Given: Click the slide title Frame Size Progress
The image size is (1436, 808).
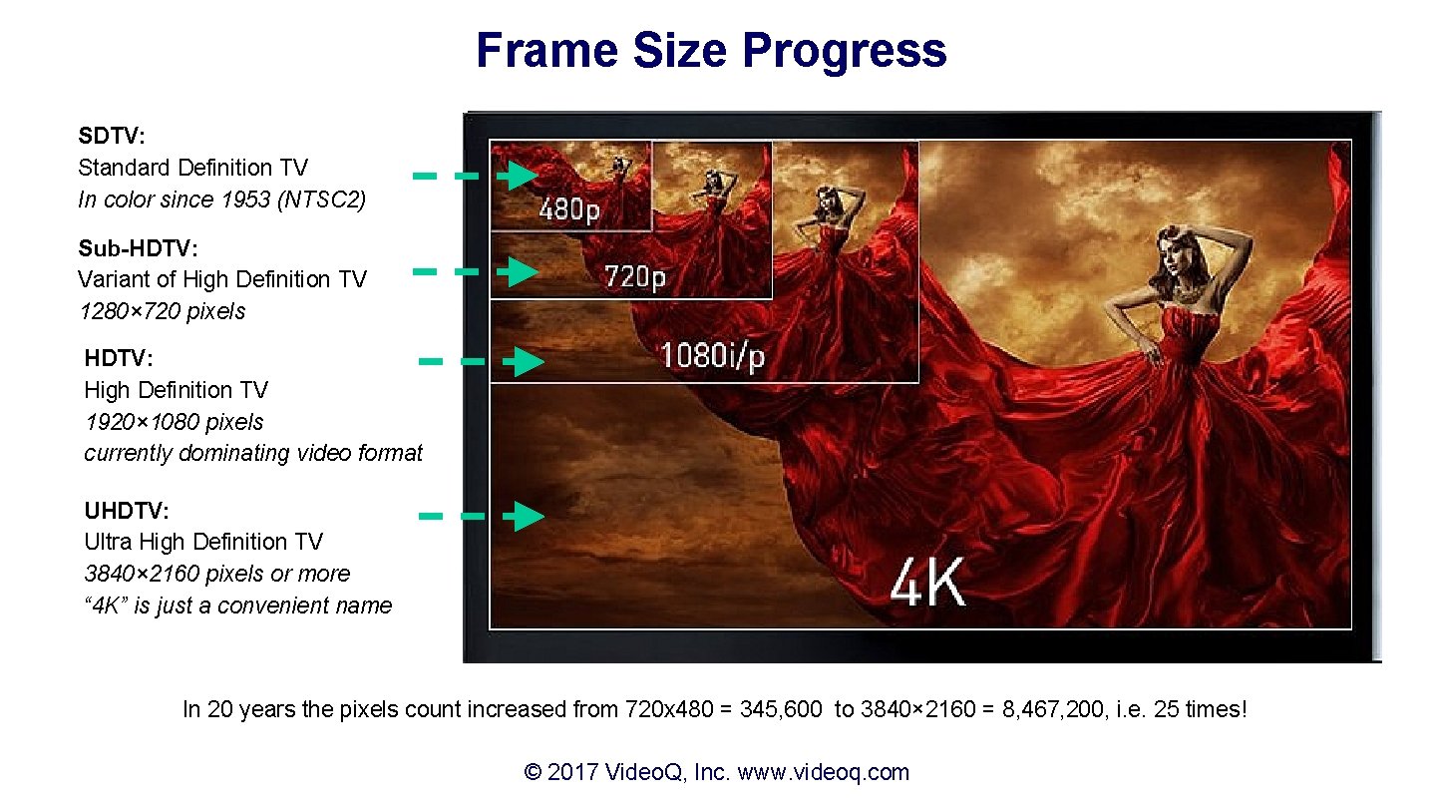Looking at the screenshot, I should [x=711, y=50].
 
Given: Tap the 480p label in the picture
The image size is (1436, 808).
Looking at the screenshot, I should [x=569, y=210].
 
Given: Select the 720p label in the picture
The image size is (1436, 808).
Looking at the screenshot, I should [x=635, y=276].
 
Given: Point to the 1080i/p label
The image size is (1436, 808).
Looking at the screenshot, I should [x=712, y=354].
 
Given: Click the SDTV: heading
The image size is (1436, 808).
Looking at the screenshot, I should [x=112, y=136].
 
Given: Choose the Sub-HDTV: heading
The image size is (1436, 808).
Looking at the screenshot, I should [x=138, y=247].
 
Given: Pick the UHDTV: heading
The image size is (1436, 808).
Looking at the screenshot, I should [x=127, y=511].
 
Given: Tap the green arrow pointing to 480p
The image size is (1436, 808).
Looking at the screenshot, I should [x=517, y=177].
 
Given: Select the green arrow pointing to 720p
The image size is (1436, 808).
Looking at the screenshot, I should [x=517, y=271].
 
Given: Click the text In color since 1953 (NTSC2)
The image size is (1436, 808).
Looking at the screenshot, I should [x=222, y=200].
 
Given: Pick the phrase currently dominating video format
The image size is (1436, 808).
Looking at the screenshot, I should [x=253, y=453].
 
